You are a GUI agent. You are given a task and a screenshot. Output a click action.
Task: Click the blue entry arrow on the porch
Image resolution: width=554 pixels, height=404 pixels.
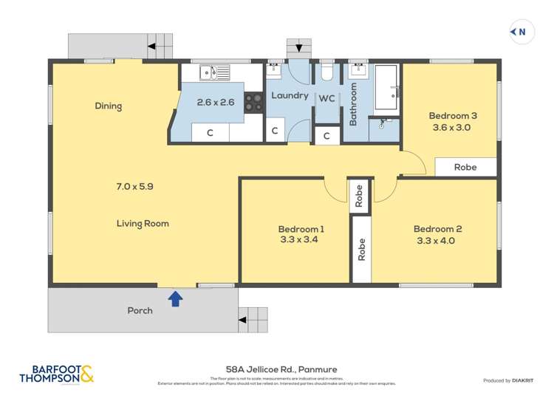pos(175,298)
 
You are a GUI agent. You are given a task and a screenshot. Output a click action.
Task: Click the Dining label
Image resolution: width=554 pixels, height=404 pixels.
pos(108,106)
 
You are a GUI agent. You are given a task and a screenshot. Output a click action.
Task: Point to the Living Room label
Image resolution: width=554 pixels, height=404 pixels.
pos(143,223)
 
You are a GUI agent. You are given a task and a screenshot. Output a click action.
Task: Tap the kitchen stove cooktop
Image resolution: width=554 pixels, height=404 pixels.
pos(254,102)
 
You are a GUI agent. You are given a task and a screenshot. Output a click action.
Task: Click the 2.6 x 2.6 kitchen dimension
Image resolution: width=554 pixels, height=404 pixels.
pos(216,103)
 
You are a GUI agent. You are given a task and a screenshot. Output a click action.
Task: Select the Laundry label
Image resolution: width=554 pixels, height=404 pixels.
pos(290,95)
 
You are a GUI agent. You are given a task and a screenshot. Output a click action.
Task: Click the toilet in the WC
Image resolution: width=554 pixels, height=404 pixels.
pos(327,72)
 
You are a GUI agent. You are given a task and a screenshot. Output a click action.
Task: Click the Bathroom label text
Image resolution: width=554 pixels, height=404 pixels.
pos(353,104)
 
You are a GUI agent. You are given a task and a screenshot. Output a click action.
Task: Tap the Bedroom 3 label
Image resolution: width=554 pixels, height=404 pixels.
pos(453,115)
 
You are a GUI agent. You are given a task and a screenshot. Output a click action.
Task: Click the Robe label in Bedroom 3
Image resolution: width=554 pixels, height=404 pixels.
pos(465,167)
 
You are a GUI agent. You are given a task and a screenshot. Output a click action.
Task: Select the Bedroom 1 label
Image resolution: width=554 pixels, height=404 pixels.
pos(301,229)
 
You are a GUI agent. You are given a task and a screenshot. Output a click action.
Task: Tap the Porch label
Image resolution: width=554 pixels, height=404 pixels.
pos(140,310)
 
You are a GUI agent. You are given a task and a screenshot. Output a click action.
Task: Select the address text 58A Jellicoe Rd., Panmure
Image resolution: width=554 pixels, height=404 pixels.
pos(277,369)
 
